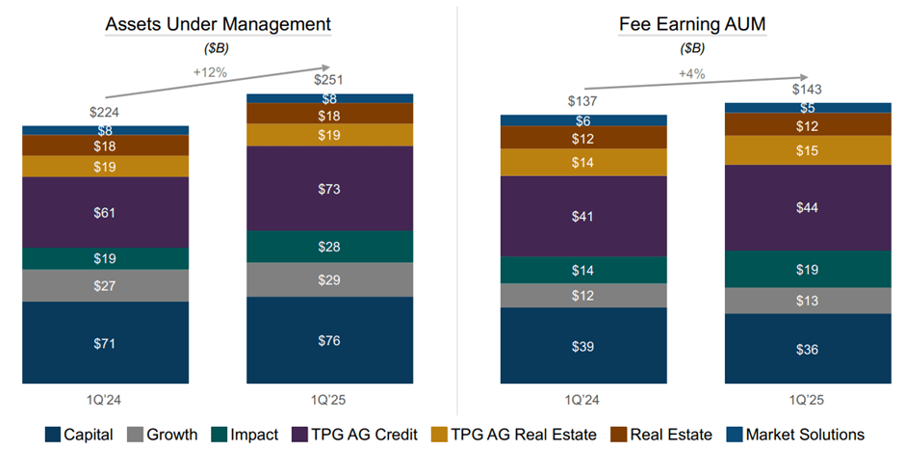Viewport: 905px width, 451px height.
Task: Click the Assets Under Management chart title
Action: coord(218,24)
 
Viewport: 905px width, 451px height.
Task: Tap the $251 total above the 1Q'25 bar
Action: coord(330,79)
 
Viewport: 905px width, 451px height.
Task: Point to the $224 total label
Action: coord(106,111)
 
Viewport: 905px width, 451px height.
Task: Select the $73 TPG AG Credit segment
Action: coord(330,188)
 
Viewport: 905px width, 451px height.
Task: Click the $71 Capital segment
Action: coord(106,342)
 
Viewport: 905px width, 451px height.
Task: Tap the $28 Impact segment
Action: coord(330,247)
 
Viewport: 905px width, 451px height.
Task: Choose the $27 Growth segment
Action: coord(106,285)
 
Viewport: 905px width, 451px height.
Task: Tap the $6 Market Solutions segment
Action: coord(583,120)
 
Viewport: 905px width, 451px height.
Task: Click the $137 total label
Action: coord(583,100)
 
